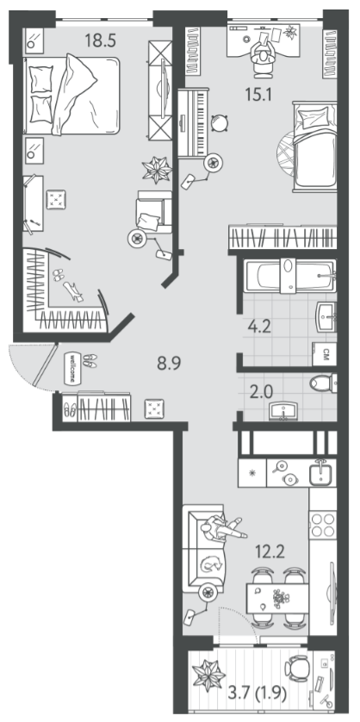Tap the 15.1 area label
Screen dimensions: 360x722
(258, 96)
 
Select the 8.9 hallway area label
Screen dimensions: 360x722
(170, 364)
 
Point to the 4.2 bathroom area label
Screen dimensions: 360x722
(258, 327)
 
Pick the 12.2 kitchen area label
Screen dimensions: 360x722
(271, 550)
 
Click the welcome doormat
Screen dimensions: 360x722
(72, 368)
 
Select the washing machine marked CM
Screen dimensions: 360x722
(324, 354)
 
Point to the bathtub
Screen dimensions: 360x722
(289, 276)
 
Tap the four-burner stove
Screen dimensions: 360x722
(322, 525)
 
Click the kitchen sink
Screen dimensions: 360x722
(322, 473)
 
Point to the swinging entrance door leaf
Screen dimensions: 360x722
(45, 364)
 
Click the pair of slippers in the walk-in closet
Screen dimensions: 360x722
(58, 276)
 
